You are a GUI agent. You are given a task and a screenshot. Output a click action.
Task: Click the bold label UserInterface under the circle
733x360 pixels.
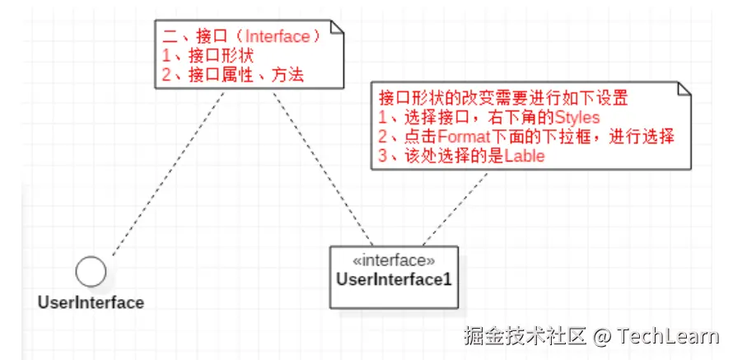tap(91, 302)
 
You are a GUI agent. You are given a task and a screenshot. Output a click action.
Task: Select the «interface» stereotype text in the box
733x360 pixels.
tap(394, 261)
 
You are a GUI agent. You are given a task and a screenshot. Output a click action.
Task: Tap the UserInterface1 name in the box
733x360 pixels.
tap(394, 279)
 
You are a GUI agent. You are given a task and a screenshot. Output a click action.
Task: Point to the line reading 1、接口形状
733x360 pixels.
tap(211, 56)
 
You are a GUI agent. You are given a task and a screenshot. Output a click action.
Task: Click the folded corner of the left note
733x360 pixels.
tap(336, 28)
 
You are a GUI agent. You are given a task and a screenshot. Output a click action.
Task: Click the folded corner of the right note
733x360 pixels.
tap(684, 88)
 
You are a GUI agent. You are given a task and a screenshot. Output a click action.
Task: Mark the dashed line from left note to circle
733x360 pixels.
tap(165, 177)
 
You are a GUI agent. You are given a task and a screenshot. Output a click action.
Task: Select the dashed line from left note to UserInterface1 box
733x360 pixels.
tap(321, 165)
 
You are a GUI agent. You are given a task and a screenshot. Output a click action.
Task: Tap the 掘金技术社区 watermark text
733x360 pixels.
tap(523, 337)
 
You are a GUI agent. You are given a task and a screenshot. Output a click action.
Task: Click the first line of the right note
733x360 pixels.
tap(502, 98)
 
